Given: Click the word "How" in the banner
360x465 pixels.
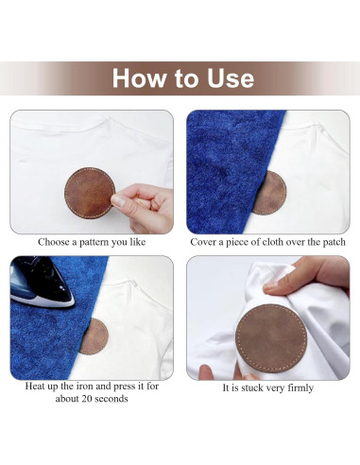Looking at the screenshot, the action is (x=139, y=77).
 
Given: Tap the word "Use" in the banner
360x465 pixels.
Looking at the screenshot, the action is (x=231, y=77).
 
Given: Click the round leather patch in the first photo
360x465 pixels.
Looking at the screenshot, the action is (x=90, y=193).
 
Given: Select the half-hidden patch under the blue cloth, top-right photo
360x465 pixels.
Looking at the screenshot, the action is (x=270, y=193).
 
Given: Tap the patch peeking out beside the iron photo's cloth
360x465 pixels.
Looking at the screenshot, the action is (x=95, y=336).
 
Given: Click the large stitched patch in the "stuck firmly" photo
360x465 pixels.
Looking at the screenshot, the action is (x=271, y=338).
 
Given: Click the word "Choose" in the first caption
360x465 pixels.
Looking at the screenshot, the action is (x=54, y=242).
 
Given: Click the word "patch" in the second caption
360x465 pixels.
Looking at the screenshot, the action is (x=334, y=242).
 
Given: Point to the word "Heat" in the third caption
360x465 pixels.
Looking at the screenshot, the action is (x=35, y=386).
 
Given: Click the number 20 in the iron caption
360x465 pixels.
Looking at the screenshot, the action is (x=87, y=399).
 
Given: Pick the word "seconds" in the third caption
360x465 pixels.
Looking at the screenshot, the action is (x=111, y=399).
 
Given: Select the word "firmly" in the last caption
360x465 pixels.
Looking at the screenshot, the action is (x=300, y=387).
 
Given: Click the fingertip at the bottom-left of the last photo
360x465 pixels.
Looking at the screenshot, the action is (x=206, y=370).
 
